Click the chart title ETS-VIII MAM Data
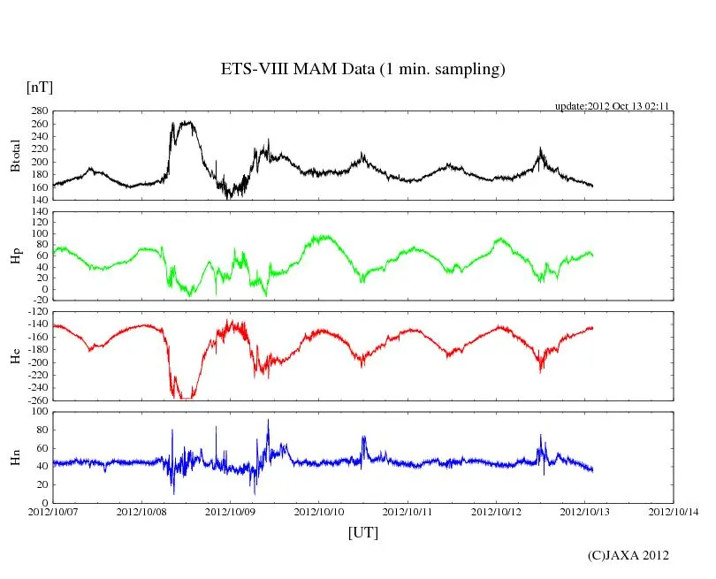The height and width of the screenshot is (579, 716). pyautogui.click(x=362, y=70)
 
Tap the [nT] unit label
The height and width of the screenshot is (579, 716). pyautogui.click(x=40, y=88)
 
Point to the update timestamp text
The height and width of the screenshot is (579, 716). pyautogui.click(x=612, y=106)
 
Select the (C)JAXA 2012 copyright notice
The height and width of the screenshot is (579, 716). pyautogui.click(x=628, y=555)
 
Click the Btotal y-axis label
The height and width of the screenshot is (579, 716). pyautogui.click(x=15, y=156)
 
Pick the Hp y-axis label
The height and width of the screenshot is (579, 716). pyautogui.click(x=15, y=255)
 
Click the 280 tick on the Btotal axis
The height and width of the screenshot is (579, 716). pyautogui.click(x=39, y=111)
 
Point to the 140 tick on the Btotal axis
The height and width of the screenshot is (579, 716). pyautogui.click(x=39, y=200)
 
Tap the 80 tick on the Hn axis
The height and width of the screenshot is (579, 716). pyautogui.click(x=42, y=430)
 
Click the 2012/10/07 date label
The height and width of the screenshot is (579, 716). pyautogui.click(x=53, y=511)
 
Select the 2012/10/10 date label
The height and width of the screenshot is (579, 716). pyautogui.click(x=319, y=511)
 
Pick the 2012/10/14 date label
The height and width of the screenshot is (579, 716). pyautogui.click(x=674, y=511)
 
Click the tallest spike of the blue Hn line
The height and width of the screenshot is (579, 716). pyautogui.click(x=268, y=420)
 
